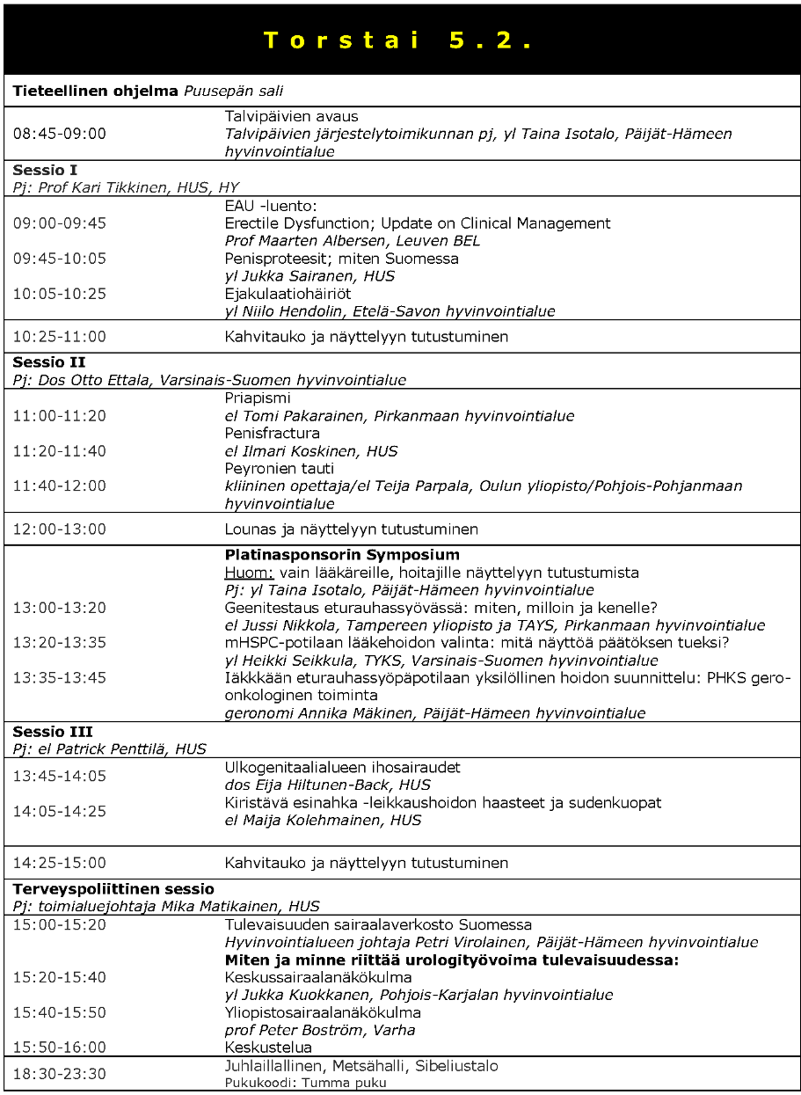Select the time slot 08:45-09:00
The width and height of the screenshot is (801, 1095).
coord(59,134)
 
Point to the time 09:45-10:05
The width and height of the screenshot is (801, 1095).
coord(59,258)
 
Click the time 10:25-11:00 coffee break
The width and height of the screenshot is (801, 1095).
coord(59,336)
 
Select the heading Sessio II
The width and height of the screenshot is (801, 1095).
coord(48,362)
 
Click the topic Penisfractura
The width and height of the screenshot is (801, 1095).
coord(272,433)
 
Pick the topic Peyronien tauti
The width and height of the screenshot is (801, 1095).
coord(279,468)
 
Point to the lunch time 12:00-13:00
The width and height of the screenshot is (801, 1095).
coord(59,529)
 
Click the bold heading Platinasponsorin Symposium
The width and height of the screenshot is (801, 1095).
coord(342,555)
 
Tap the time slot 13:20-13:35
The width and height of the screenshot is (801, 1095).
coord(59,643)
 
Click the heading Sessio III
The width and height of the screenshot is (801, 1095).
coord(52,732)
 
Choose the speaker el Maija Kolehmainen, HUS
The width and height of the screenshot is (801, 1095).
coord(323,820)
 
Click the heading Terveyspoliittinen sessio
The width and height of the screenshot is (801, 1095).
coord(113,888)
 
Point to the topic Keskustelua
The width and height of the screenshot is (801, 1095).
coord(268,1048)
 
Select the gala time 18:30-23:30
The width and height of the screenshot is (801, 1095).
coord(59,1073)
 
